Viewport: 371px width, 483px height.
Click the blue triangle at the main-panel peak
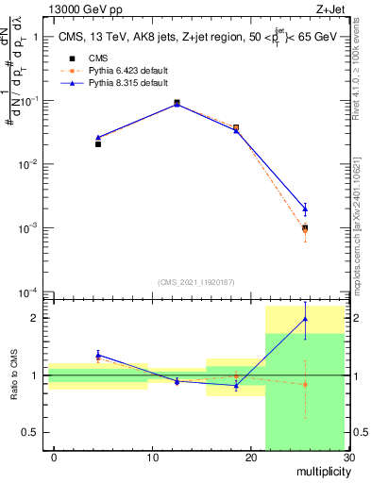tap(177, 104)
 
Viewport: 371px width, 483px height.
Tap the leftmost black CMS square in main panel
tap(98, 144)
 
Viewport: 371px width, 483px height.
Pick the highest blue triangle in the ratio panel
tap(305, 319)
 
